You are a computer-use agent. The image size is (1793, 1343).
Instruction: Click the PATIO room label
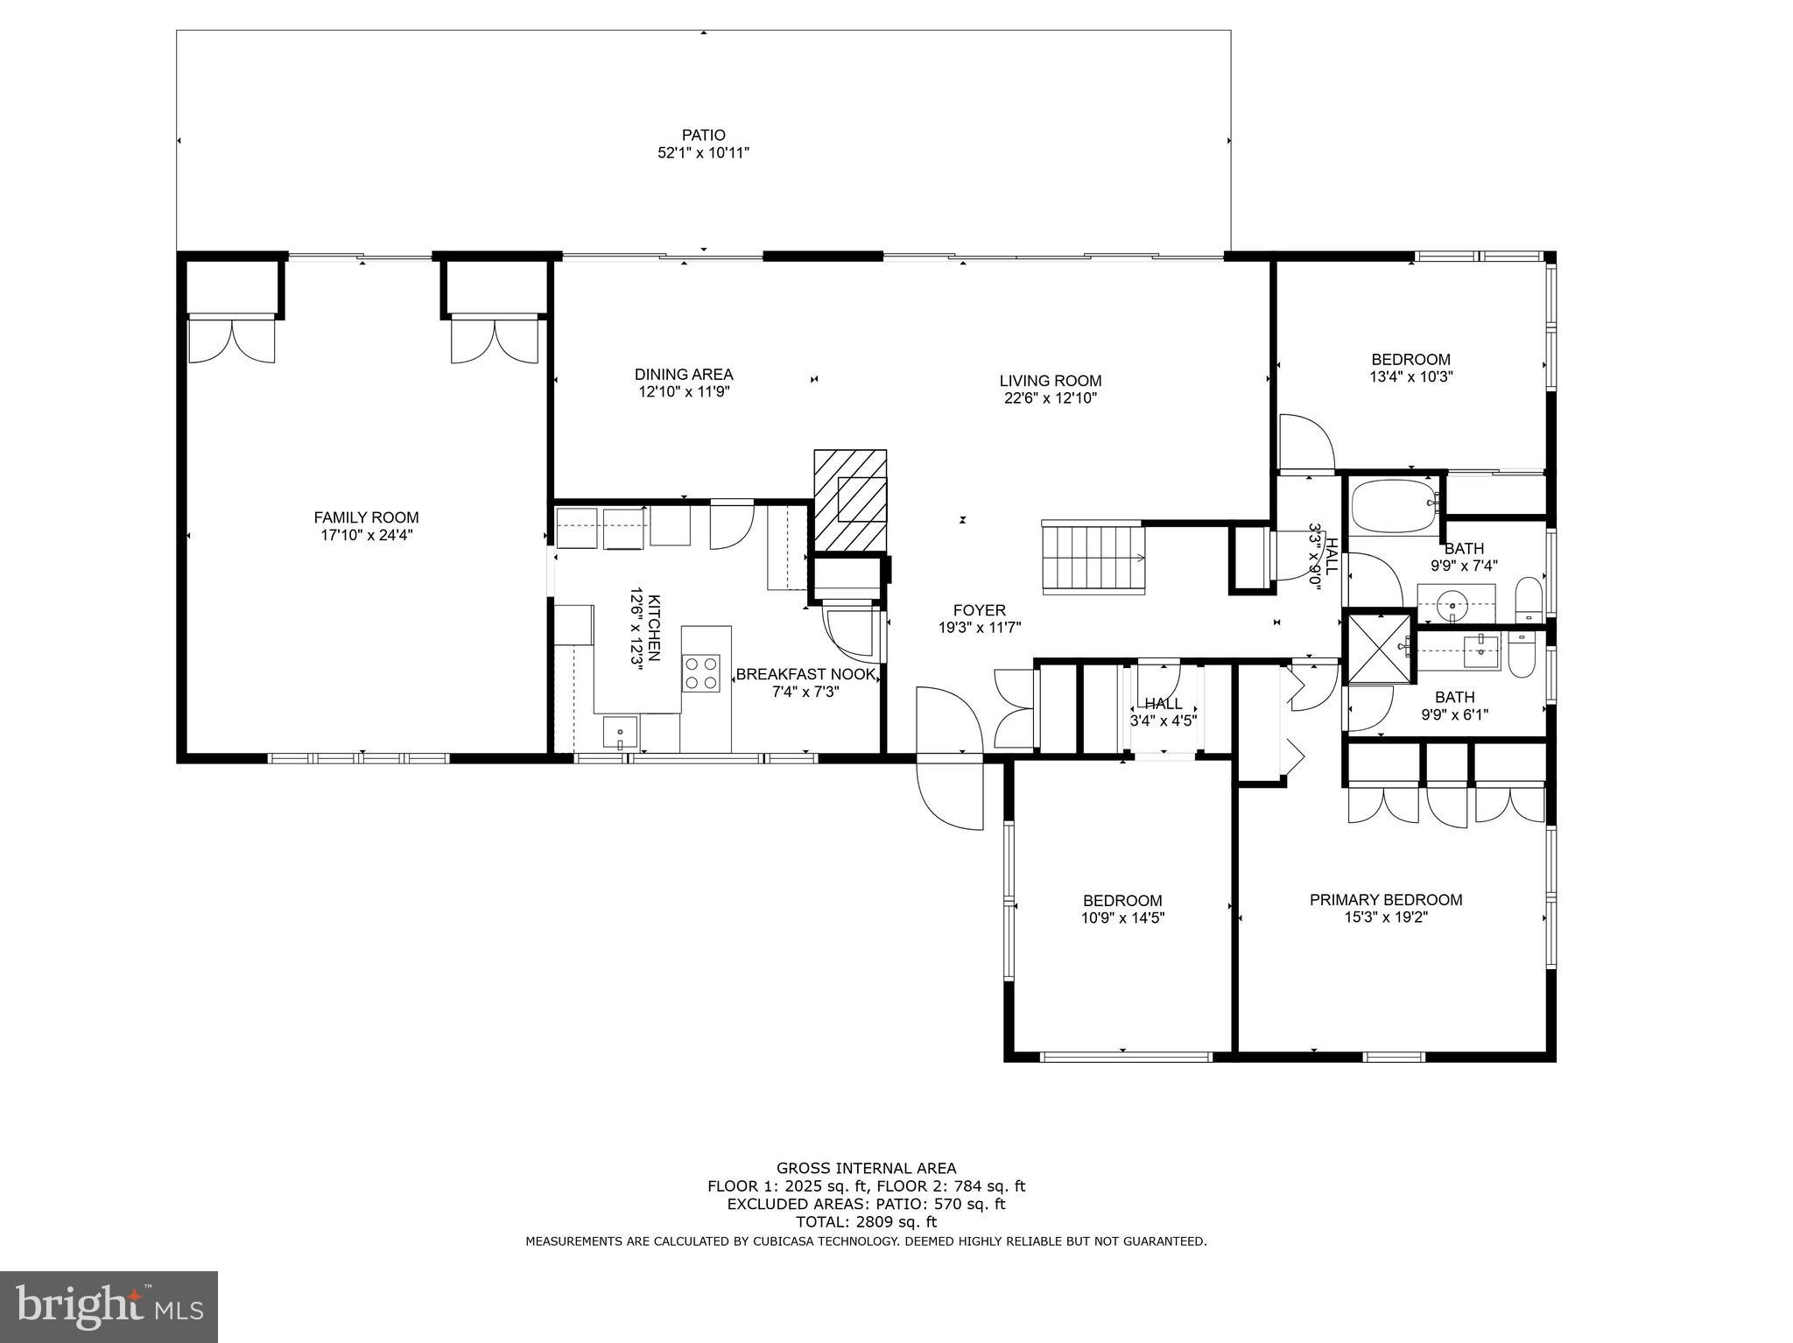coord(703,135)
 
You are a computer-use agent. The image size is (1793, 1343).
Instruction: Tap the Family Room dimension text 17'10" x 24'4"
coord(366,535)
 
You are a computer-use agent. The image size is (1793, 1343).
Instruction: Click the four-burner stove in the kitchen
coord(700,673)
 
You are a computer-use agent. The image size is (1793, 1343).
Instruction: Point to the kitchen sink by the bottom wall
coord(620,732)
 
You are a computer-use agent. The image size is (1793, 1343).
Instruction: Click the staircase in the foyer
coord(1093,558)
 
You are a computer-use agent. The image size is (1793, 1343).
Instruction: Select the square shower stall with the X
coord(1380,649)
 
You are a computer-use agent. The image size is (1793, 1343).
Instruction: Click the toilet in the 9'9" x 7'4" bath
coord(1528,599)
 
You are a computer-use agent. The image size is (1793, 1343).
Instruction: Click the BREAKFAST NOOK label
coord(805,674)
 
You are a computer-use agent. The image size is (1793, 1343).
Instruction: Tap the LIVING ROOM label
coord(1050,381)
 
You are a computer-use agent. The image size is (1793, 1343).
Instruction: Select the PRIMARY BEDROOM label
coord(1385,899)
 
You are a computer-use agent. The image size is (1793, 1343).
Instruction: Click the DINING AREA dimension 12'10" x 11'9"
coord(684,392)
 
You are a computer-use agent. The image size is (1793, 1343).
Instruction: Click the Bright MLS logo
coord(109,1306)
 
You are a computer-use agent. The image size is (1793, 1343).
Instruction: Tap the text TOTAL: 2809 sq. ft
coord(865,1221)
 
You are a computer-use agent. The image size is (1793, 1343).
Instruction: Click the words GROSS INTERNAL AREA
coord(865,1168)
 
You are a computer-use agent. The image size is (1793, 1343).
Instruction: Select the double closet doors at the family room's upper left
coord(232,340)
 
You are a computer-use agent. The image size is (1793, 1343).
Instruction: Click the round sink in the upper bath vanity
coord(1454,602)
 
